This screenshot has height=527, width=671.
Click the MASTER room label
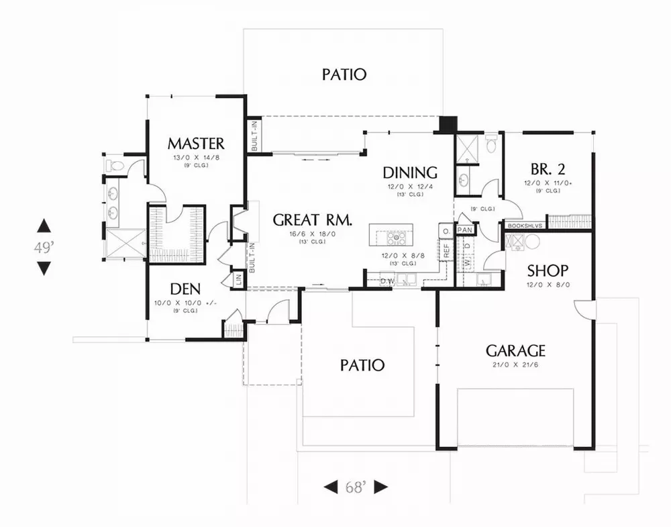(x=196, y=143)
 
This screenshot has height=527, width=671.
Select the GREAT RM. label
(x=312, y=220)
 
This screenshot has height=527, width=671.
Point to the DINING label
(x=410, y=173)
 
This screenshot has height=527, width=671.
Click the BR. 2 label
(x=543, y=168)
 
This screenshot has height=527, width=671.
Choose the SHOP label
(x=548, y=271)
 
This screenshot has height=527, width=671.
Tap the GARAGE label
(x=515, y=350)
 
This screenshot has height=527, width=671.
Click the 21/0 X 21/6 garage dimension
(x=515, y=365)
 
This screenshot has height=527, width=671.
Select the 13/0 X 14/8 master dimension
(x=196, y=157)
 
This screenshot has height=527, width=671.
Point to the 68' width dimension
(x=356, y=487)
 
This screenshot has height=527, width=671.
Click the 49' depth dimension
(x=44, y=247)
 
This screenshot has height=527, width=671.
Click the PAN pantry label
(x=464, y=230)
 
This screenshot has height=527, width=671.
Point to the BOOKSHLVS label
(x=525, y=227)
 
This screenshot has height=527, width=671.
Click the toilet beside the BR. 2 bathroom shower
(x=491, y=143)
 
